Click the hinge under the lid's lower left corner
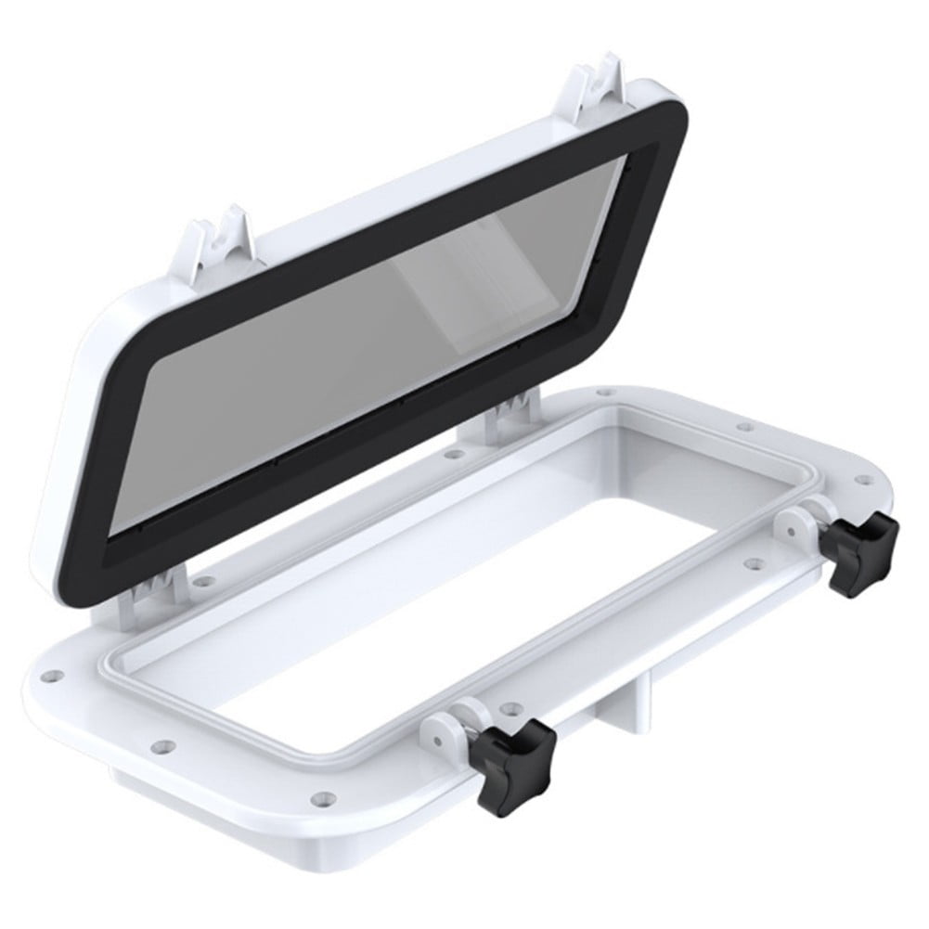(x=144, y=594)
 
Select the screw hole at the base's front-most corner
(x=321, y=796)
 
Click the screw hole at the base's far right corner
(x=869, y=480)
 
